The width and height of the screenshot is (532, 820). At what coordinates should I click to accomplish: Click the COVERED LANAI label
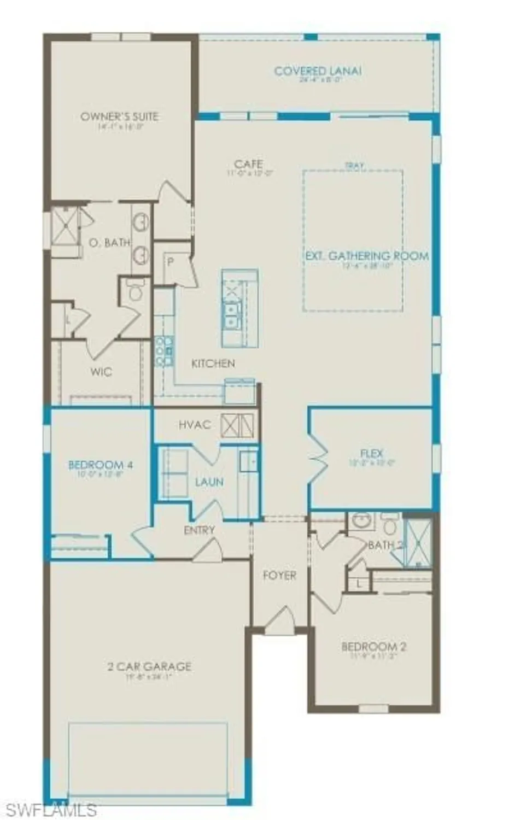tap(318, 71)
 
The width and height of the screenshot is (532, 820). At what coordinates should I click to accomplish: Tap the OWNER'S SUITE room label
tap(119, 116)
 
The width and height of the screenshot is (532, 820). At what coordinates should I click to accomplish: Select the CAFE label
tap(248, 164)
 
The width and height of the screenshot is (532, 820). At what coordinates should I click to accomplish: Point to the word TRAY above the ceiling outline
tap(354, 166)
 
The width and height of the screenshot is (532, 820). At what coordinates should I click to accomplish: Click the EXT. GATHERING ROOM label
tap(366, 256)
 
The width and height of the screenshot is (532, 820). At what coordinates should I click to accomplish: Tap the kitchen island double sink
tap(232, 315)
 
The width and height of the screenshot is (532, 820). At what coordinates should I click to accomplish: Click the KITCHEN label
tap(213, 364)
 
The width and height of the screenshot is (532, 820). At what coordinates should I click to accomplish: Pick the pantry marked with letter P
tap(171, 262)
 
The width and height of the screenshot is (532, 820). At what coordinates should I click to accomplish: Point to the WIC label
tap(101, 372)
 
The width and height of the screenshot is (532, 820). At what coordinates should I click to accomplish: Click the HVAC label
tap(195, 425)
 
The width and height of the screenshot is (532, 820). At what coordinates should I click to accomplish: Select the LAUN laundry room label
tap(209, 482)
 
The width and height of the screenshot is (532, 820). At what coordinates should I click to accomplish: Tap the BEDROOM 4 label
tap(101, 465)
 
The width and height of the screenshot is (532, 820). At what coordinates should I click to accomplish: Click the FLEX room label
tap(372, 453)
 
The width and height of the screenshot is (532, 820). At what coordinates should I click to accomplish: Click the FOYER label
tap(279, 575)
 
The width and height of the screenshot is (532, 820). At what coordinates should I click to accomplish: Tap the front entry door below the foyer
tap(279, 620)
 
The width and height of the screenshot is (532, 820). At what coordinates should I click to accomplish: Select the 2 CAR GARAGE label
tap(149, 666)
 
